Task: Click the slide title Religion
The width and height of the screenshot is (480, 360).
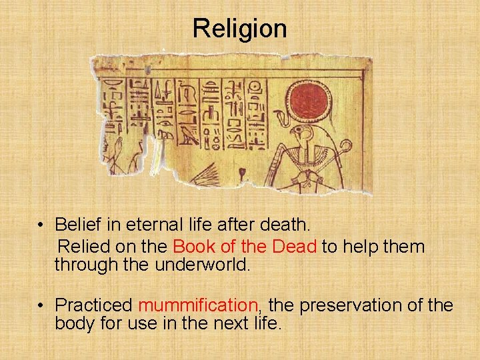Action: (240, 29)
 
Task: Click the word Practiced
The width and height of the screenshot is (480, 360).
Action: (94, 305)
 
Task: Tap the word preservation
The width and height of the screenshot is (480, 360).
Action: (367, 305)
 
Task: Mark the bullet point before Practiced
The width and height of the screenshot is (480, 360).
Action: (41, 306)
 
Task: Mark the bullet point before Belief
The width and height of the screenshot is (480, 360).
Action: (41, 224)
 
